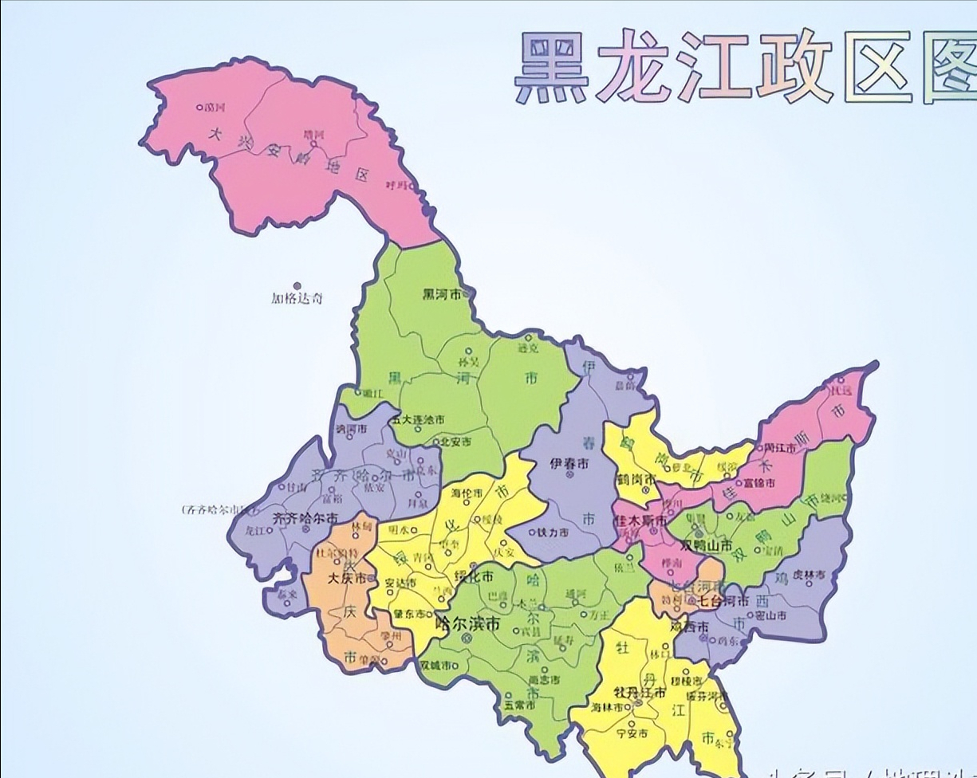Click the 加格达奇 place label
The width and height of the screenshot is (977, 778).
click(297, 299)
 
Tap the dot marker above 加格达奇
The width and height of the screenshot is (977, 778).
click(297, 285)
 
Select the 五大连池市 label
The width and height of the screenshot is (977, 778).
click(418, 420)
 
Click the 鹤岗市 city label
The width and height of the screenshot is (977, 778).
click(636, 480)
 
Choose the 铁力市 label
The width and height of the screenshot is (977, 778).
click(553, 532)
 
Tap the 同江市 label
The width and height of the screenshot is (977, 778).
click(781, 448)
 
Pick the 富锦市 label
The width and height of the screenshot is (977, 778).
click(758, 482)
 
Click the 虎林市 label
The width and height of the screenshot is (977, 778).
click(809, 575)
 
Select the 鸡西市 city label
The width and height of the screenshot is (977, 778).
click(690, 627)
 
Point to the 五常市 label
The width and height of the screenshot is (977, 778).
click(519, 705)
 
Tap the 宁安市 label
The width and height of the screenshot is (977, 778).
click(632, 733)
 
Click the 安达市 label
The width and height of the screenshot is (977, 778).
click(401, 583)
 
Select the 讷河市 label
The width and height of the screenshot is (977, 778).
click(351, 429)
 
